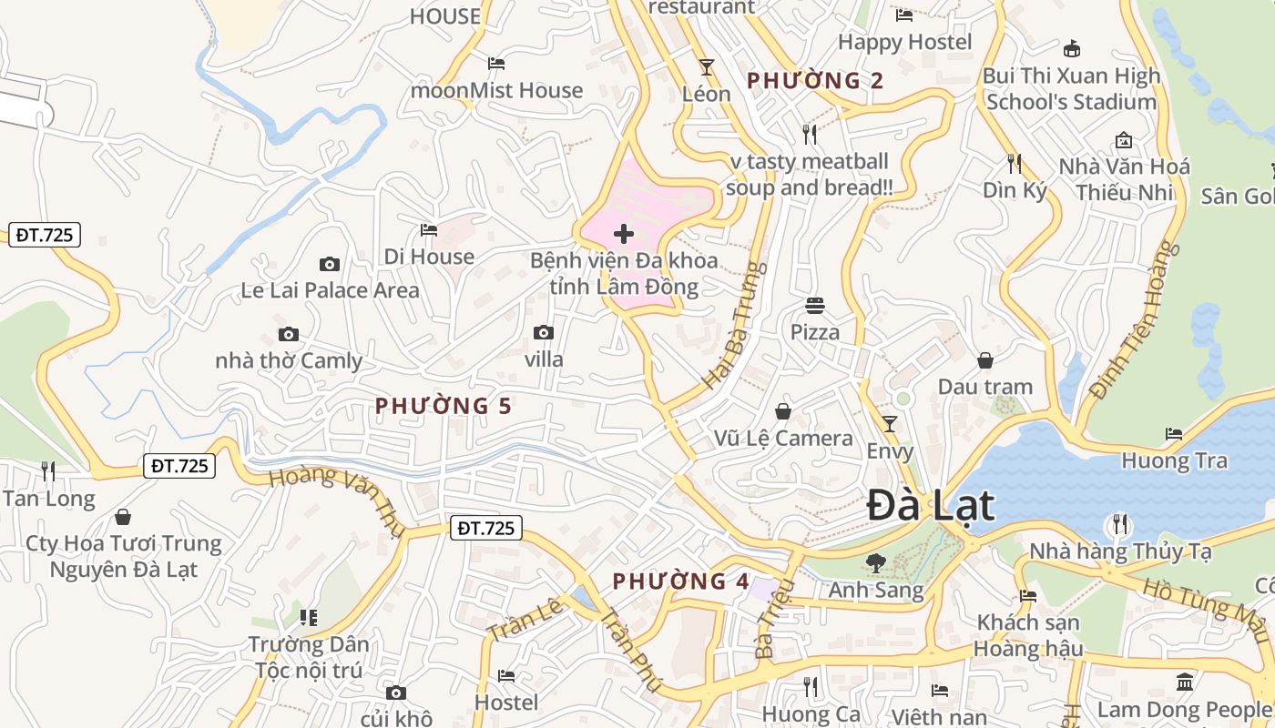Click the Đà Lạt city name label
click(x=930, y=506)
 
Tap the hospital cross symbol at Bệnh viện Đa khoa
click(x=624, y=234)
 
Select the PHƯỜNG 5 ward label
click(x=444, y=406)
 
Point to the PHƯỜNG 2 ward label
click(x=815, y=80)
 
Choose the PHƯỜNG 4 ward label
click(x=681, y=581)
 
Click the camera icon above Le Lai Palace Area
click(x=330, y=265)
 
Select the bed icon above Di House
click(x=429, y=230)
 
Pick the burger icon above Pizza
click(x=814, y=305)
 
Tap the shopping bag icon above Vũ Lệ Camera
click(x=783, y=411)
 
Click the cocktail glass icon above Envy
click(x=890, y=423)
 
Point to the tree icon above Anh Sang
click(x=876, y=563)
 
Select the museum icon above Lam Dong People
click(x=1185, y=682)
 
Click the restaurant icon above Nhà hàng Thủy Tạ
click(x=1120, y=524)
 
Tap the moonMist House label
click(x=496, y=90)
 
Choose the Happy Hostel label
click(x=905, y=42)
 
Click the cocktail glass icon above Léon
click(x=706, y=66)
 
